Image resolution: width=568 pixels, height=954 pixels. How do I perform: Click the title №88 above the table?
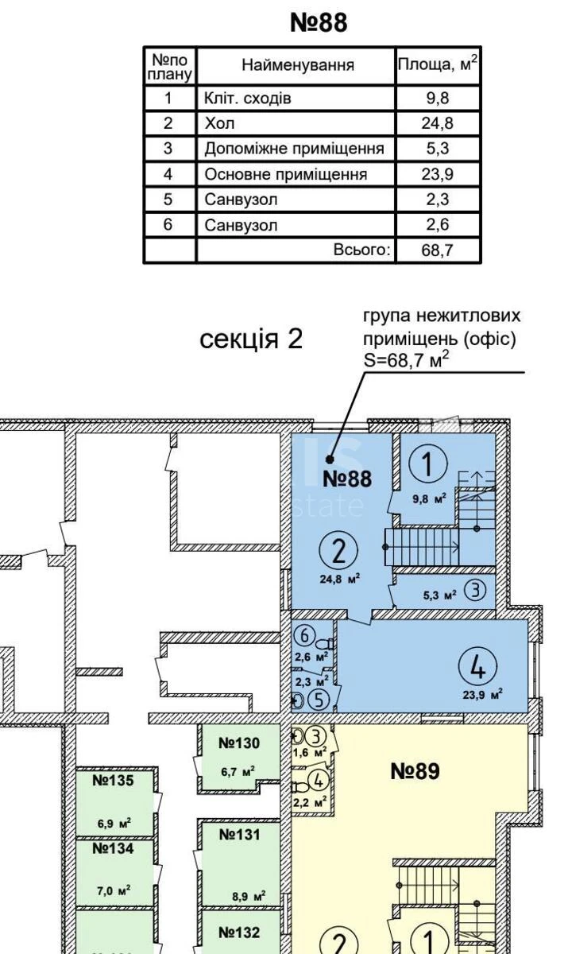(319, 22)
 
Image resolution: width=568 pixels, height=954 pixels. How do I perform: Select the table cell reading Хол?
(221, 123)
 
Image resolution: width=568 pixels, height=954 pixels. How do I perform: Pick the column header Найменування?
(297, 65)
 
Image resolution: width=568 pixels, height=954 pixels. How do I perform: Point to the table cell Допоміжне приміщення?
(294, 149)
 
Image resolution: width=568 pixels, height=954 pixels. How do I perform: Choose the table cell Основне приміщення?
(285, 174)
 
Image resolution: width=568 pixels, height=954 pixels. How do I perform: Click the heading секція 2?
(251, 339)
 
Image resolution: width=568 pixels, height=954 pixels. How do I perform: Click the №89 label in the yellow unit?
(415, 771)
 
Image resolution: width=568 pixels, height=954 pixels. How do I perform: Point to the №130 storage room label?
(239, 743)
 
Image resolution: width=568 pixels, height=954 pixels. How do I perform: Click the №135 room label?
(113, 781)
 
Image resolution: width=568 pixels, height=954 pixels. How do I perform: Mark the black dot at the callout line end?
(330, 459)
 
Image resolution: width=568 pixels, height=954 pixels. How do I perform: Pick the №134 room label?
(113, 848)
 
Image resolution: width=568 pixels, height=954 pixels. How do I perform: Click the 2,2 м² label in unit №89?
(310, 803)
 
